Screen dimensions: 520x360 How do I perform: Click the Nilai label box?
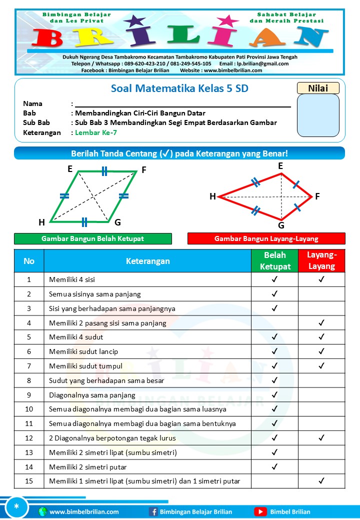point(318,88)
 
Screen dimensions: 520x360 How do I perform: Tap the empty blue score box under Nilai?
point(318,115)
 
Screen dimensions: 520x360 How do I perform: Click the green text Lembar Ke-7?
point(95,132)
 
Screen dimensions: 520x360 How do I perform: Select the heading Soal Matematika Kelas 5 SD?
point(179,88)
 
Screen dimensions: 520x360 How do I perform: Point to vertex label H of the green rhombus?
point(41,222)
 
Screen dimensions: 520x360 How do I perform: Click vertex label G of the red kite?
point(281,225)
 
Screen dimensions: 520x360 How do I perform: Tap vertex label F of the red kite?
point(317,196)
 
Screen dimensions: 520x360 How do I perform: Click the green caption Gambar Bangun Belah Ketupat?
point(93,238)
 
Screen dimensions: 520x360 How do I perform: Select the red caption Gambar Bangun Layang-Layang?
point(266,238)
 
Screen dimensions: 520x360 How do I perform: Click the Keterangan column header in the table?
point(147,261)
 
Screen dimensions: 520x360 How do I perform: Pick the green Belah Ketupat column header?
point(274,261)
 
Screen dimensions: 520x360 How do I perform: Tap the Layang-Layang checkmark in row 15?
point(321,481)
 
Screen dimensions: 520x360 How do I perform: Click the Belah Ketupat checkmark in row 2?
point(274,294)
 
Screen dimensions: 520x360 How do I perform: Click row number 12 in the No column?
point(29,438)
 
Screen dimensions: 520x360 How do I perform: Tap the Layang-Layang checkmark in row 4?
point(321,323)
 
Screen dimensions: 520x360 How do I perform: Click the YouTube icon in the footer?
point(260,511)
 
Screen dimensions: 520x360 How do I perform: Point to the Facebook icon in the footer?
point(153,511)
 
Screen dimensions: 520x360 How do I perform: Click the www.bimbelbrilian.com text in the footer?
point(84,511)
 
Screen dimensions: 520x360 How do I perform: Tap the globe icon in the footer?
point(43,511)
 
